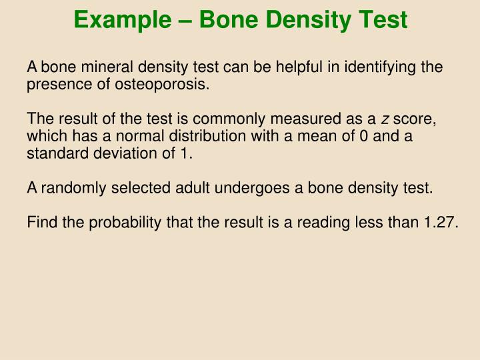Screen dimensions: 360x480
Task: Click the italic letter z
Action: pyautogui.click(x=385, y=119)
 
